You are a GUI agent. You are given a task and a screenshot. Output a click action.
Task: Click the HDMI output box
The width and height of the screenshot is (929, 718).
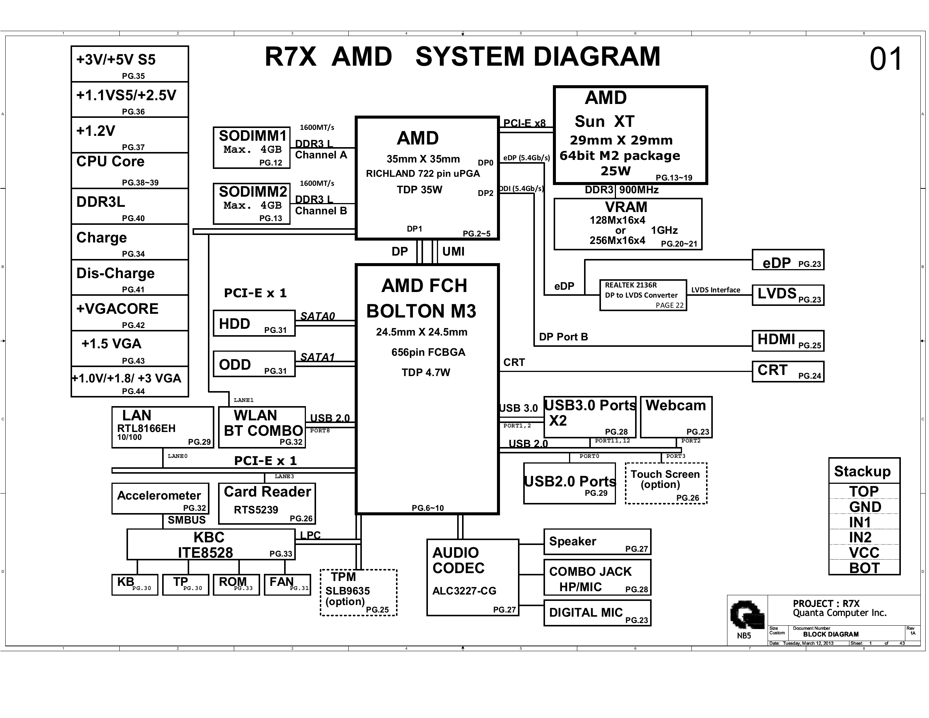(x=787, y=341)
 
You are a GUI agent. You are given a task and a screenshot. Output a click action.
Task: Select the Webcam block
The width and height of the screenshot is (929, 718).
(x=676, y=417)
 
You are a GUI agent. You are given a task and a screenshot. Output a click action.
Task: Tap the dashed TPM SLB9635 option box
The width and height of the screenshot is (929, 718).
(x=358, y=593)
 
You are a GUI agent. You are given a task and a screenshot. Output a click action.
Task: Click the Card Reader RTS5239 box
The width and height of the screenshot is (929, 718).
(x=267, y=503)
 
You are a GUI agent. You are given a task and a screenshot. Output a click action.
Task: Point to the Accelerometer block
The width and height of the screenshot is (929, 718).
(x=160, y=498)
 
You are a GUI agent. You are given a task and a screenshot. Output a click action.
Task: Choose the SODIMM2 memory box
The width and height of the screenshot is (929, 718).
(x=251, y=203)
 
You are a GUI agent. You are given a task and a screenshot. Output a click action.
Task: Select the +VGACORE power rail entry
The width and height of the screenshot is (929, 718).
(x=130, y=313)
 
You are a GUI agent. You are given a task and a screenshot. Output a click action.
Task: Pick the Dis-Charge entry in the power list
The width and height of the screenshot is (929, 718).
(x=130, y=277)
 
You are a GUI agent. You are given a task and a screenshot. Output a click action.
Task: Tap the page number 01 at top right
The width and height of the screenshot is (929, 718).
(x=885, y=59)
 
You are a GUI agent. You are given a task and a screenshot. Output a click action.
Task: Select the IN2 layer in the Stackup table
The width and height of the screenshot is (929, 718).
(x=864, y=537)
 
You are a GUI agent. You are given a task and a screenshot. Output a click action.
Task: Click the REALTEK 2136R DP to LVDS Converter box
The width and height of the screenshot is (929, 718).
(x=643, y=295)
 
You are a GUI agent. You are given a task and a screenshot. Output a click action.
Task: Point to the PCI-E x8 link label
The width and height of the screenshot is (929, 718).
(x=524, y=123)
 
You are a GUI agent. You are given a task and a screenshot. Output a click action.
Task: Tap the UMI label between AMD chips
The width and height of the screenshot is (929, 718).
(x=453, y=251)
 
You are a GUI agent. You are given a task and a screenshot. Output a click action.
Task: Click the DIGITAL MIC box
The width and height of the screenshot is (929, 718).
(x=597, y=613)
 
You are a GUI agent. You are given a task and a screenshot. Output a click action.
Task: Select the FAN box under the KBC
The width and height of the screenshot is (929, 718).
(x=287, y=584)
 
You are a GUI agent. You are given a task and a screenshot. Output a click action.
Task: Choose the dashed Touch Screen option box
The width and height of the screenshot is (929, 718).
(x=666, y=483)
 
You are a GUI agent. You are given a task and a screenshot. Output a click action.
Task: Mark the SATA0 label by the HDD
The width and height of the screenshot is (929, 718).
(x=317, y=316)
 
